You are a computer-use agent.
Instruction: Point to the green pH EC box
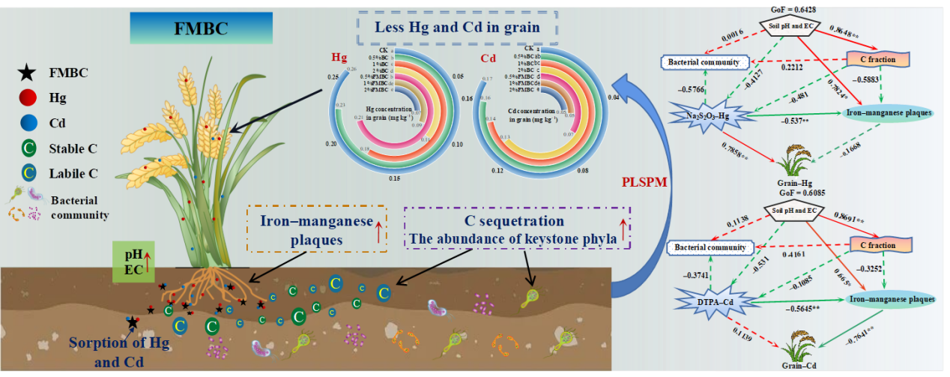[x=136, y=262]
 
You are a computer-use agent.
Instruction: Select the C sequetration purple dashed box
[x=518, y=229]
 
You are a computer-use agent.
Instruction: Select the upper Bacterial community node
[x=704, y=62]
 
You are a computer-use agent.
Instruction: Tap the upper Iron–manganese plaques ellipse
[x=889, y=113]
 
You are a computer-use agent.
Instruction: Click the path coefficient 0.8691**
[x=850, y=222]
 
